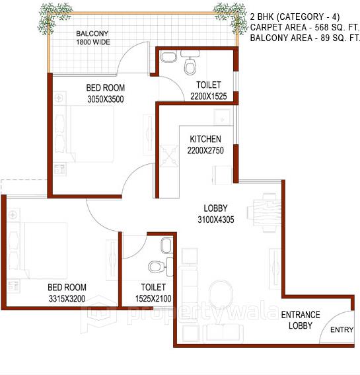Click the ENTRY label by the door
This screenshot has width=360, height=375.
342,329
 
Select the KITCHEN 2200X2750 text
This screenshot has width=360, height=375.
205,144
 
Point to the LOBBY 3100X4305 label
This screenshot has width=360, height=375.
215,214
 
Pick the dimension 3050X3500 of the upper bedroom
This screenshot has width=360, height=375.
105,99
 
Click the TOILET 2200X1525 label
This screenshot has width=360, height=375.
209,91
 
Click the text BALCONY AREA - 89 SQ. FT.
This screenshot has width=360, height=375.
305,38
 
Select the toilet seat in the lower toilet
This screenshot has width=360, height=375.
156,267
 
